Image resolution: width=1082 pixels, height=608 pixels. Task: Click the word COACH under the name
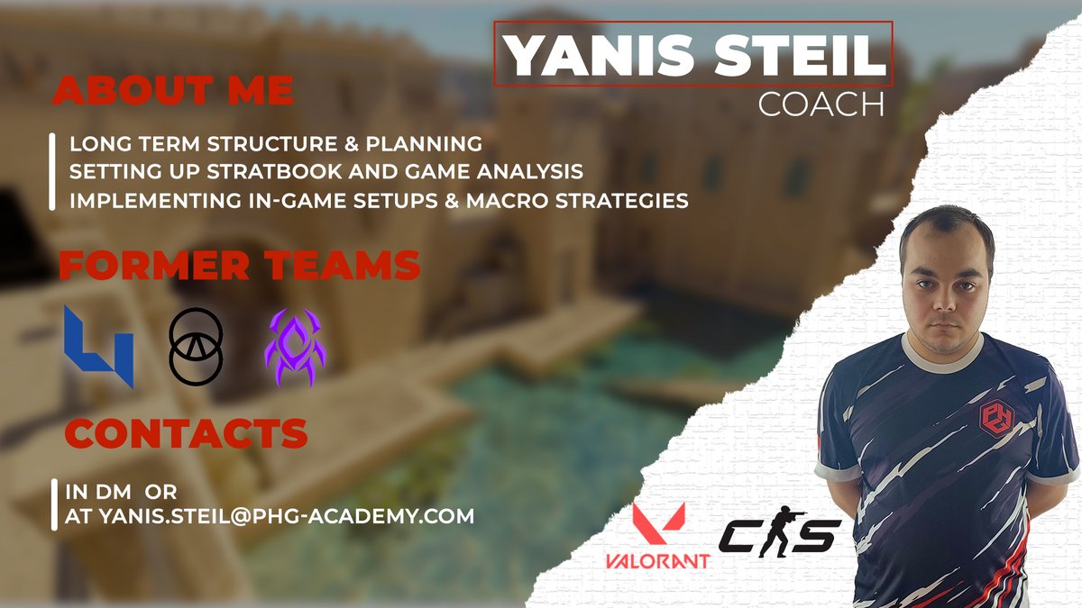click(821, 104)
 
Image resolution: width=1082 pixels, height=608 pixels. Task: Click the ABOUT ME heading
click(174, 90)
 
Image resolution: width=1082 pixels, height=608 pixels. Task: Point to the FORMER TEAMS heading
click(239, 266)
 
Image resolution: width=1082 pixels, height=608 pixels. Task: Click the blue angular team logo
click(98, 345)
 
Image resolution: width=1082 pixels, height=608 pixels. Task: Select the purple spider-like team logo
click(295, 347)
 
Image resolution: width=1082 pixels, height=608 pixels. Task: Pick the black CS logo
click(779, 537)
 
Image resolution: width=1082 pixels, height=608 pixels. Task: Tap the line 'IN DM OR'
click(121, 493)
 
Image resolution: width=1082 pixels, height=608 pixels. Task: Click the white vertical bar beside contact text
click(54, 504)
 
